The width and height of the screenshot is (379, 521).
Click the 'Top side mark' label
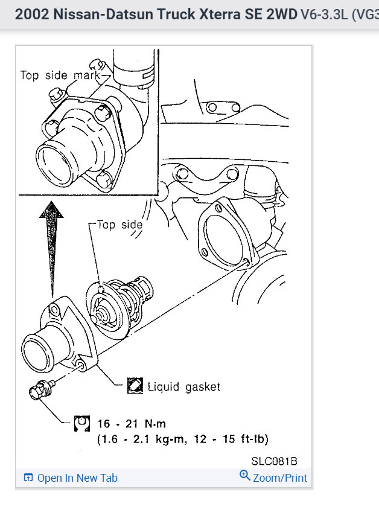(x=60, y=75)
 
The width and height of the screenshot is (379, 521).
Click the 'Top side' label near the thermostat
(x=119, y=225)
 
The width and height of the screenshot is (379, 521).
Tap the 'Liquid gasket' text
(x=183, y=386)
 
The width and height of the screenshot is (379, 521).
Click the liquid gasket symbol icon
(x=135, y=386)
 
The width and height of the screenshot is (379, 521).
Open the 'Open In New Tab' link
(x=77, y=478)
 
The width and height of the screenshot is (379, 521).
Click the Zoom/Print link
(x=280, y=478)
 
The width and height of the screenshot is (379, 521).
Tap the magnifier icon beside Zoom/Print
(x=245, y=476)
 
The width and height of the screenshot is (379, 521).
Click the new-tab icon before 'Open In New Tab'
(x=28, y=478)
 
